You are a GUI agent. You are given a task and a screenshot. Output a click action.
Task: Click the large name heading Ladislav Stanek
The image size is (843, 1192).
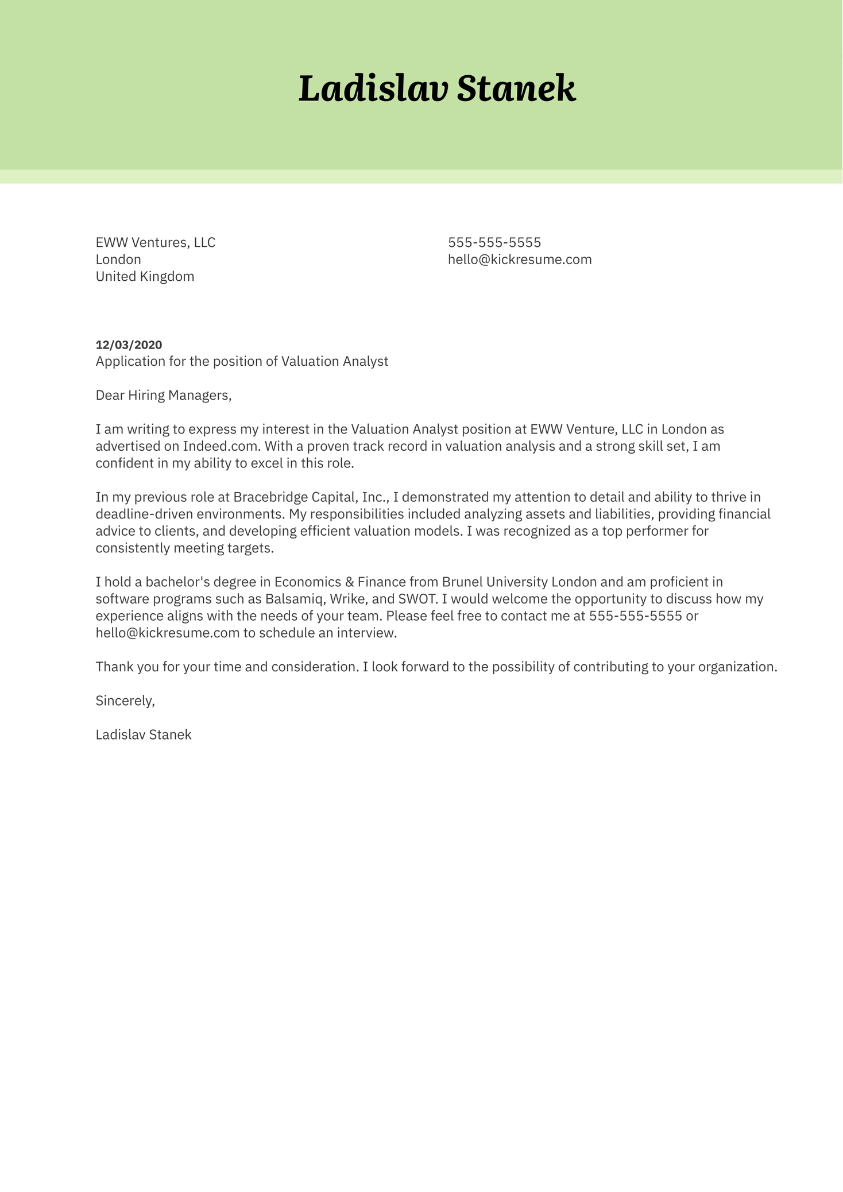click(x=437, y=89)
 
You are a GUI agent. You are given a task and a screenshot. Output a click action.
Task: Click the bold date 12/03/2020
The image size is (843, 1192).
click(x=129, y=345)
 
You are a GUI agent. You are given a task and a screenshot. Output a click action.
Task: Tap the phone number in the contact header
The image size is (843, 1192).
click(x=494, y=242)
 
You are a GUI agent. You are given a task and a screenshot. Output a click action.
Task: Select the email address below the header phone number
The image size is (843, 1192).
click(x=520, y=260)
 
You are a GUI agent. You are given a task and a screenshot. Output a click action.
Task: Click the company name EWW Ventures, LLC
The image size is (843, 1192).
click(x=155, y=242)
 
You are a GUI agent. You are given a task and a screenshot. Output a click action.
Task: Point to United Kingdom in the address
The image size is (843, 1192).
click(x=145, y=277)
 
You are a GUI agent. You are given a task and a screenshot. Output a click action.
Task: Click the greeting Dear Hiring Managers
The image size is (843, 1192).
click(x=163, y=395)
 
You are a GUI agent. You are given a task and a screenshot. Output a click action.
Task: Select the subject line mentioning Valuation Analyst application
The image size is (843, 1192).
click(x=242, y=361)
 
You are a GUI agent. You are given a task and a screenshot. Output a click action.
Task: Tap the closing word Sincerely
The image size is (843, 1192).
click(x=125, y=701)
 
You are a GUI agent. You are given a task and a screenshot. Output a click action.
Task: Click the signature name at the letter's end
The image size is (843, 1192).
click(x=144, y=735)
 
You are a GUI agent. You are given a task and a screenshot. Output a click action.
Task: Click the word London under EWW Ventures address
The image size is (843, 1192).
click(x=118, y=260)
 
